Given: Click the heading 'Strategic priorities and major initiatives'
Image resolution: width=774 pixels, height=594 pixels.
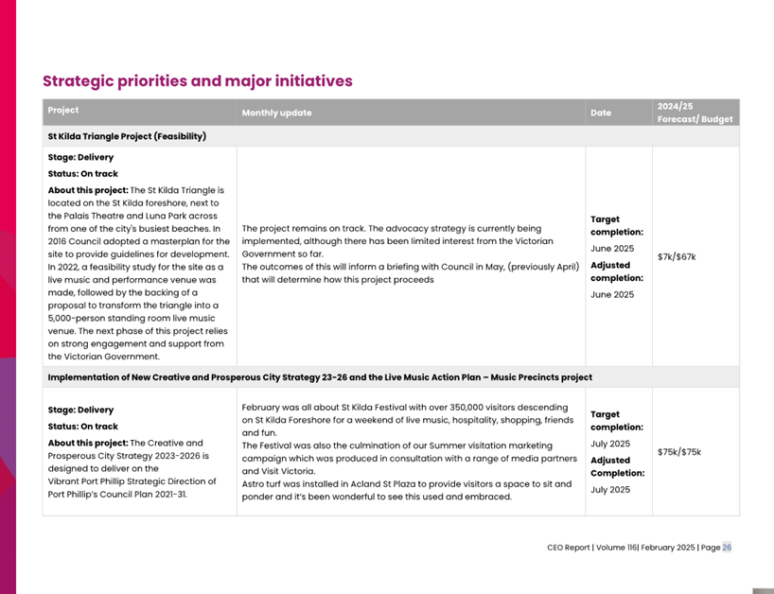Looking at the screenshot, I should click(x=198, y=80).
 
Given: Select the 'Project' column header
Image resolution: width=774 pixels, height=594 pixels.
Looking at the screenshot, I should click(x=63, y=111).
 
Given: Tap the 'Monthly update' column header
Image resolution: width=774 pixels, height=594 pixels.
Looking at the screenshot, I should click(x=276, y=113).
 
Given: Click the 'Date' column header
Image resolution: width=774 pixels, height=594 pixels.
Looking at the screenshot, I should click(x=601, y=113).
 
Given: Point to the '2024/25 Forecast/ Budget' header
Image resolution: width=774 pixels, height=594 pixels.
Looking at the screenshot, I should click(x=695, y=113).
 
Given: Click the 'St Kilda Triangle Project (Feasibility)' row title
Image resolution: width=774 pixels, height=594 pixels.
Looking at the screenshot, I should click(x=127, y=136).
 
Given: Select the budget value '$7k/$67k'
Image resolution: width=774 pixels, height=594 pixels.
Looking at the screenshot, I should click(x=677, y=256).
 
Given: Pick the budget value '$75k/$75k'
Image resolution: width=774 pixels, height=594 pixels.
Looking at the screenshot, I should click(x=679, y=451).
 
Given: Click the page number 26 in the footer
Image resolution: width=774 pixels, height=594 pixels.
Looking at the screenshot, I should click(x=727, y=548).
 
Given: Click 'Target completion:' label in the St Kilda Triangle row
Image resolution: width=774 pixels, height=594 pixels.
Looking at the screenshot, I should click(x=616, y=225).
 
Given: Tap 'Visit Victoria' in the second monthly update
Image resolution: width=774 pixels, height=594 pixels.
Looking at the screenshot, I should click(x=285, y=470).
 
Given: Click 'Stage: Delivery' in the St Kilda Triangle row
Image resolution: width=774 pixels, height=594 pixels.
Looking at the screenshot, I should click(x=80, y=157).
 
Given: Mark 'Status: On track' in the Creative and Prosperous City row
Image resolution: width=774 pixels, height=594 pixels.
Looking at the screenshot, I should click(x=83, y=427).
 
